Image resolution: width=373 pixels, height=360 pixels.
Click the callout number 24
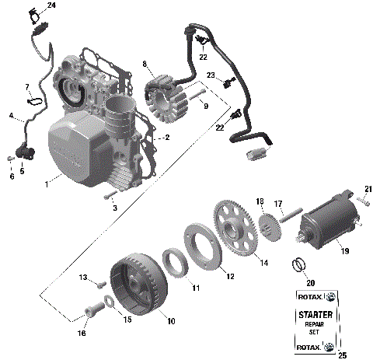point(51,5)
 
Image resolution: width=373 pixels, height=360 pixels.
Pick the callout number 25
point(340,354)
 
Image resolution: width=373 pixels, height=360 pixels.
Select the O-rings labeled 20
point(298,265)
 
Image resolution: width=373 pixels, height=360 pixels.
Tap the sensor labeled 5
point(23,151)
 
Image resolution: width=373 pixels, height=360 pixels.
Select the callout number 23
point(211,75)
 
